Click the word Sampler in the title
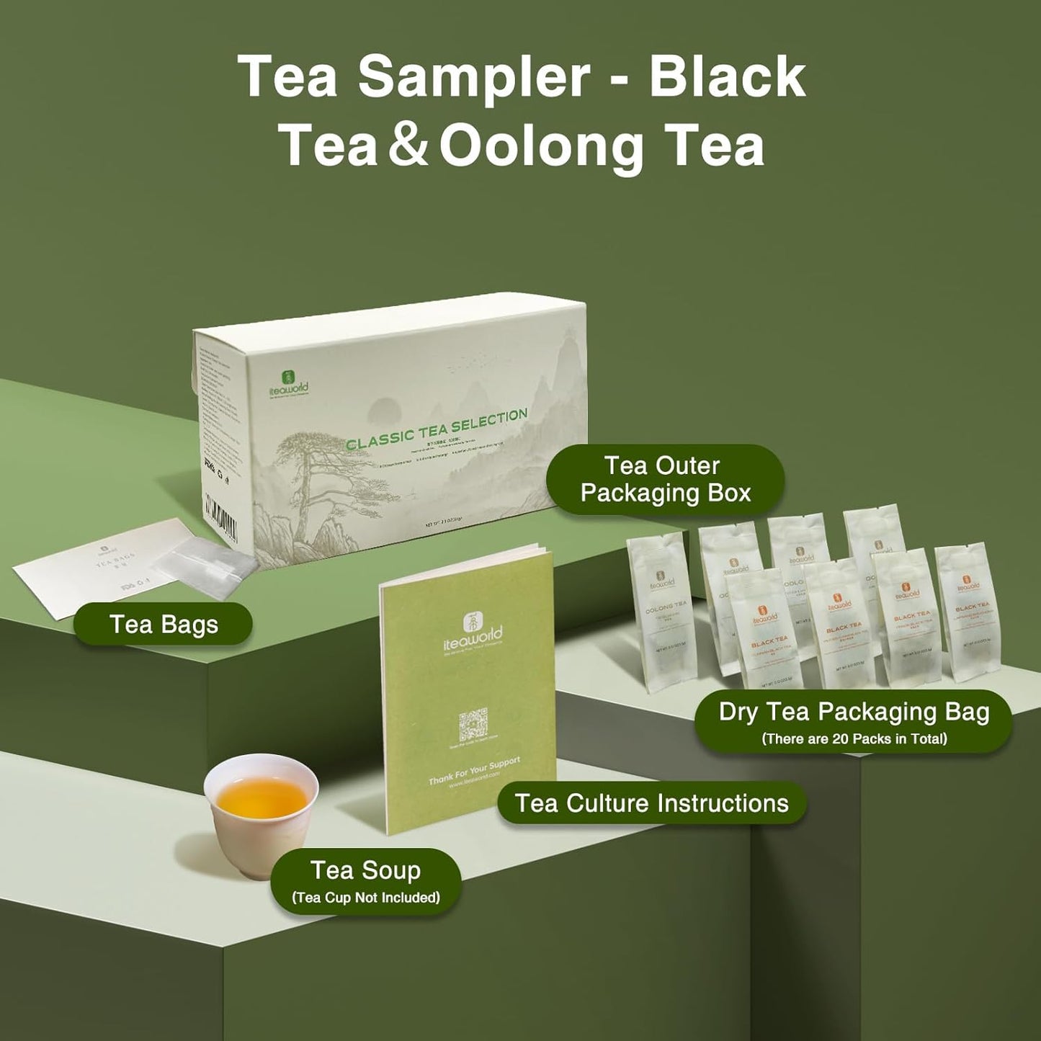(x=473, y=77)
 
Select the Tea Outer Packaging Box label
(x=665, y=480)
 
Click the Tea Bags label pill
(x=164, y=624)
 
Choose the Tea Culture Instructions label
(x=652, y=803)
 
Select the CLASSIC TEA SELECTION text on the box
(x=437, y=429)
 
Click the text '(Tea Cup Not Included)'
(x=365, y=898)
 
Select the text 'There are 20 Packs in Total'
(x=854, y=738)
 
